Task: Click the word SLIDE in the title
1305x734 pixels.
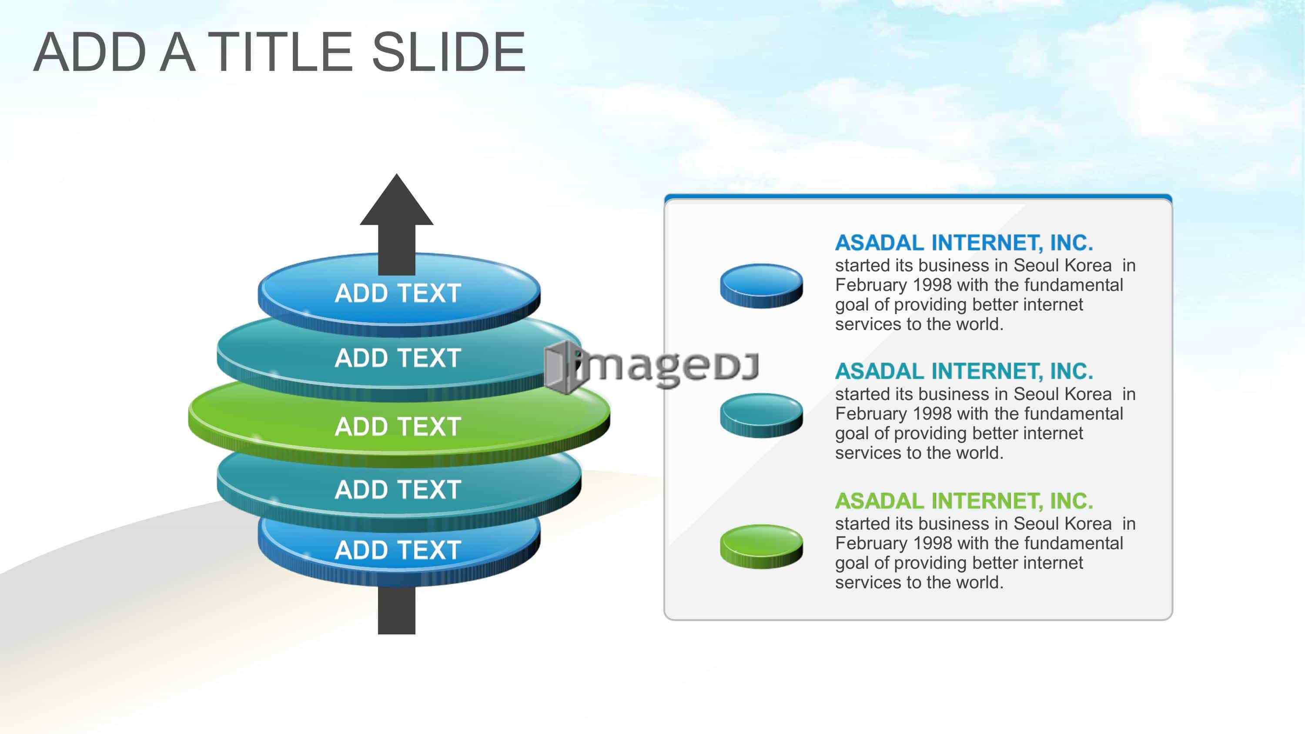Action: pyautogui.click(x=449, y=52)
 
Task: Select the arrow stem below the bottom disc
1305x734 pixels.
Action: pyautogui.click(x=397, y=610)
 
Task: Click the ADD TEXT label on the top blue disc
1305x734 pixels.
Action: pyautogui.click(x=398, y=294)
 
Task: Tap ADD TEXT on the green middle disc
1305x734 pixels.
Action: pyautogui.click(x=398, y=427)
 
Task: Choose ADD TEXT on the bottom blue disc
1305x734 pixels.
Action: pyautogui.click(x=398, y=550)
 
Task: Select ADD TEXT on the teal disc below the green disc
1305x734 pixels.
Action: pyautogui.click(x=398, y=490)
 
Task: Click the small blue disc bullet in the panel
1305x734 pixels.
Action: pyautogui.click(x=761, y=286)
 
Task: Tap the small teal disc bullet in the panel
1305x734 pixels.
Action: pyautogui.click(x=761, y=415)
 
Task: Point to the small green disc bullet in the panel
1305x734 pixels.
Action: pyautogui.click(x=761, y=546)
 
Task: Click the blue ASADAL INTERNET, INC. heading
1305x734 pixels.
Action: pyautogui.click(x=964, y=243)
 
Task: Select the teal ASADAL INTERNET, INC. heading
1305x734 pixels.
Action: pyautogui.click(x=964, y=372)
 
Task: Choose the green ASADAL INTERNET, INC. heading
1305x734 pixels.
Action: pyautogui.click(x=964, y=501)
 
